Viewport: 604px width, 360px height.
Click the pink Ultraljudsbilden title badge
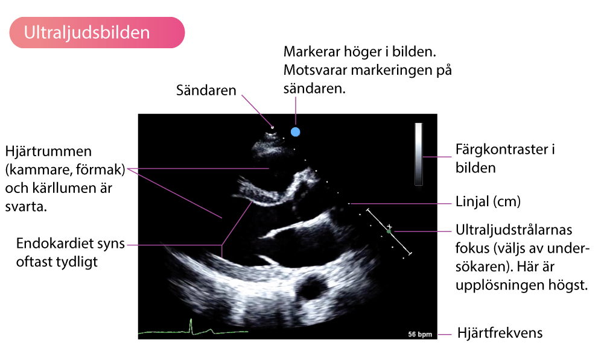pos(97,33)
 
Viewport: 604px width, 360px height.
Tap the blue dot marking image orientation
pos(296,132)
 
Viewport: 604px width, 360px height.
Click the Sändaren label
pos(206,90)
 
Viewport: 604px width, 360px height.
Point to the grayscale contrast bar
pos(418,154)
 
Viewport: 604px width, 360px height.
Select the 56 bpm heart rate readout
pos(420,334)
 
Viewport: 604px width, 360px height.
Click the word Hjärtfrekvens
pos(500,333)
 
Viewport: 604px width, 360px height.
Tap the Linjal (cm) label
pos(488,201)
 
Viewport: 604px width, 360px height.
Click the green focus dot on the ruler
pos(389,232)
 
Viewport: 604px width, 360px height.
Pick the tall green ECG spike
pos(191,326)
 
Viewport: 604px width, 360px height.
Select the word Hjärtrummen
pos(48,151)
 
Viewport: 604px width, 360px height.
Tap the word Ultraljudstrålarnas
pos(514,230)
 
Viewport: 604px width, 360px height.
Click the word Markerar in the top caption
pos(311,52)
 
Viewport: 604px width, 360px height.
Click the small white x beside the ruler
pos(389,226)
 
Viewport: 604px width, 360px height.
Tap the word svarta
pos(26,207)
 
